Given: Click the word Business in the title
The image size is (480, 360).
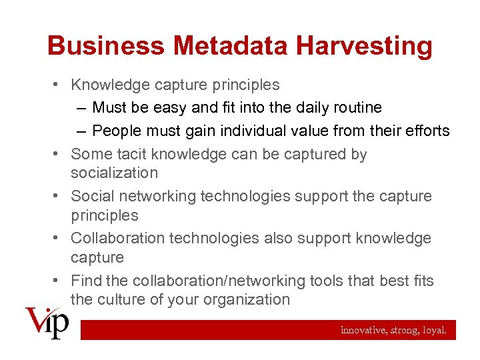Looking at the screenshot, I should point(105,47).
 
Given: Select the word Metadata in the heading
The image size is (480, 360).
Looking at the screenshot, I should point(230,47).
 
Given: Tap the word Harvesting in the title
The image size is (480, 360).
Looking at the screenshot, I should point(365,47).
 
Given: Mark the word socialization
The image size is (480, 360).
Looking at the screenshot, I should point(114,173).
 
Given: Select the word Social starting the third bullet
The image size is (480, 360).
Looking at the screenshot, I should point(92,196).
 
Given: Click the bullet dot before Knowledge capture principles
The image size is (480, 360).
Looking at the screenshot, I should point(59,85).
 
